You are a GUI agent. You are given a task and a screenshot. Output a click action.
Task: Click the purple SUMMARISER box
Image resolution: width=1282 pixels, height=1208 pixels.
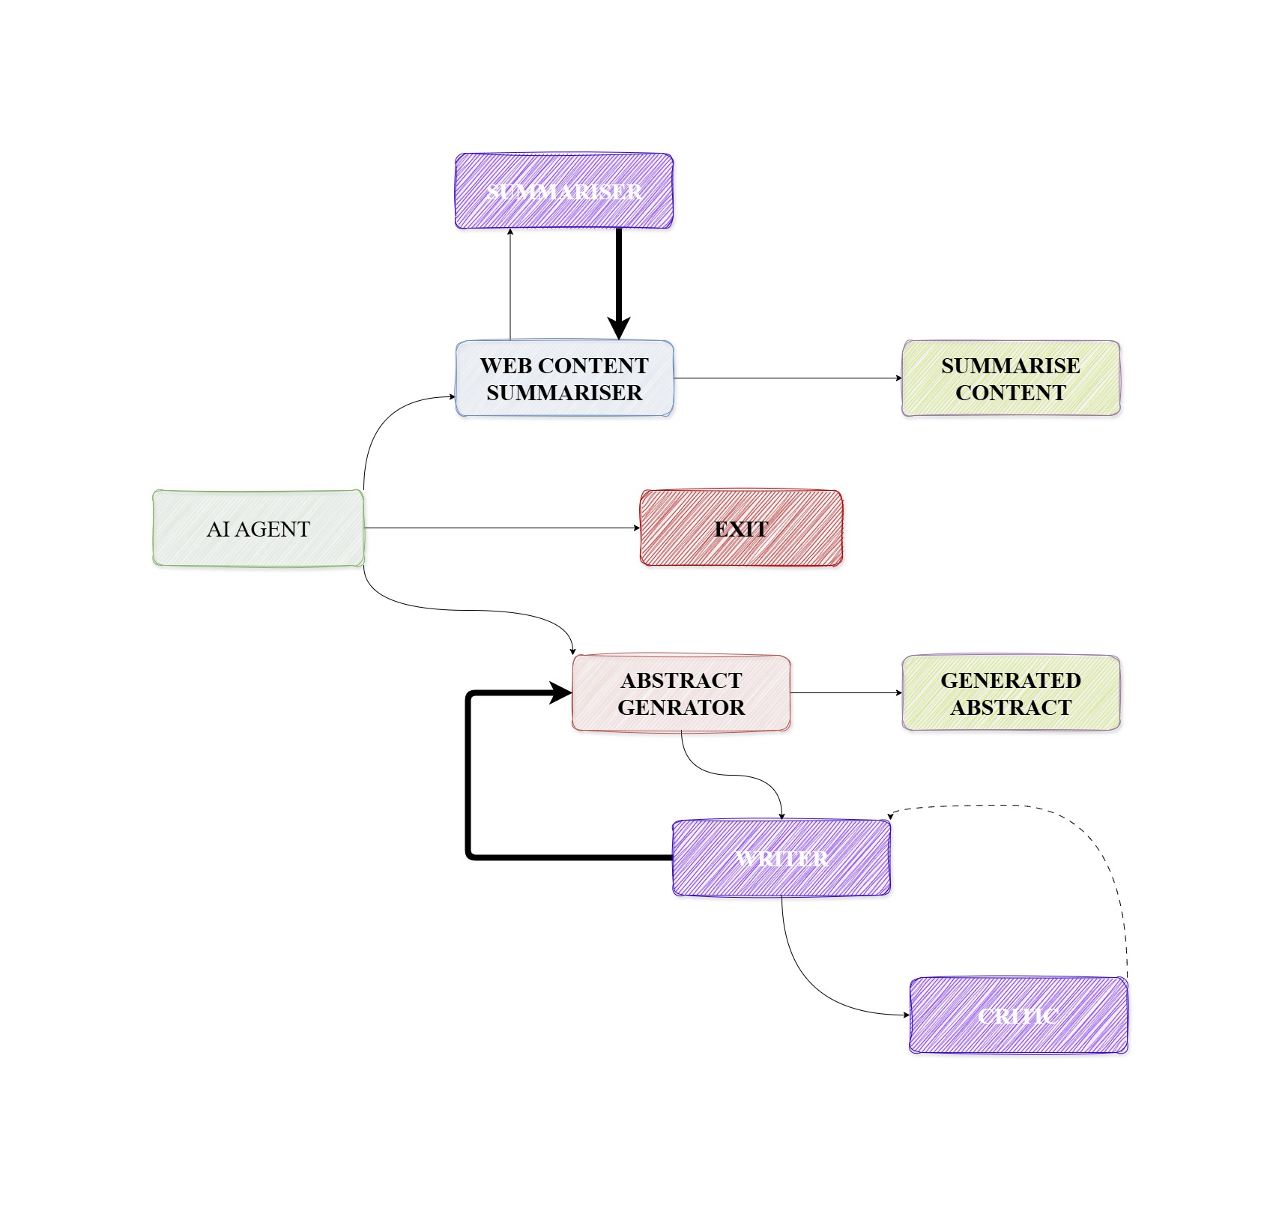563,191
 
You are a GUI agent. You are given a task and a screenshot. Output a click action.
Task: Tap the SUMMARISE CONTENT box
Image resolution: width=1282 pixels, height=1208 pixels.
1010,378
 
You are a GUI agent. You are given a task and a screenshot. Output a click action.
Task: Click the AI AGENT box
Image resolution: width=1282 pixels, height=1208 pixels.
258,528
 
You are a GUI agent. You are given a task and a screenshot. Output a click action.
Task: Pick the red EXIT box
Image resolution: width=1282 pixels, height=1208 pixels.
740,528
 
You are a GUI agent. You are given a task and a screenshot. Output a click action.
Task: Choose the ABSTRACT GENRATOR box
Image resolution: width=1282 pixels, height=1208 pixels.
680,693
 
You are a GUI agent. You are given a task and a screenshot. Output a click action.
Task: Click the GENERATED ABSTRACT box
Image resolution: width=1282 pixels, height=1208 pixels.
1010,693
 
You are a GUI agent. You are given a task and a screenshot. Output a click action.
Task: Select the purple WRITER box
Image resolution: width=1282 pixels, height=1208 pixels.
781,858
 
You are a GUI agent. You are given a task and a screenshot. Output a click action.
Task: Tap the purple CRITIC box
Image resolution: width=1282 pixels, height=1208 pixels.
1018,1015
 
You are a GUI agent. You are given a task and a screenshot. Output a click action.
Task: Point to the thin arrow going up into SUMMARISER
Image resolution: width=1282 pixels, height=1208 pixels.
510,285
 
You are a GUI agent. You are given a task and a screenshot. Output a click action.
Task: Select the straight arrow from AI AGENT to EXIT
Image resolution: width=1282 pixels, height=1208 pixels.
502,528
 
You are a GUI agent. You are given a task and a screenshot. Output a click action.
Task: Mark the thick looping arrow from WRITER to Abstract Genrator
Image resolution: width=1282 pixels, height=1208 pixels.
469,779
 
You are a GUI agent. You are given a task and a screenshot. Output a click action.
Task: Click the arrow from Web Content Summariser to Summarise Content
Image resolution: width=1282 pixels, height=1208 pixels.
787,378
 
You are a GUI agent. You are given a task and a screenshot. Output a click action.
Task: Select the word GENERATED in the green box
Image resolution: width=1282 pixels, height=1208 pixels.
1010,680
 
